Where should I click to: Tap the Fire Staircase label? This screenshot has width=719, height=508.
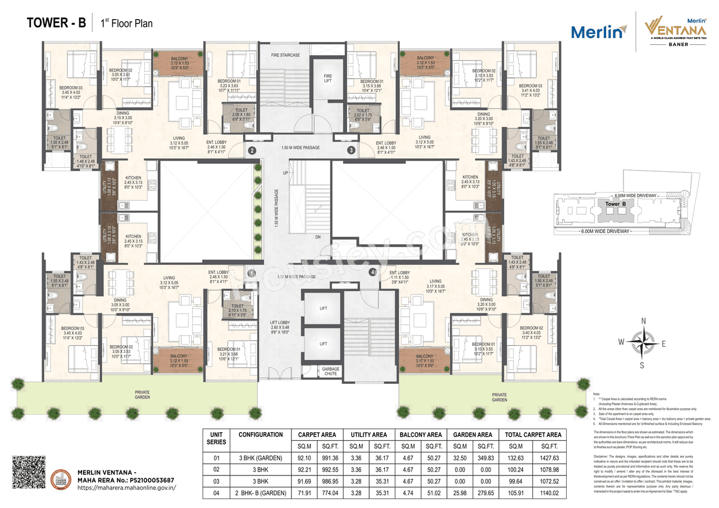(x=285, y=56)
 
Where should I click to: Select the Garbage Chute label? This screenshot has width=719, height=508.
(x=331, y=371)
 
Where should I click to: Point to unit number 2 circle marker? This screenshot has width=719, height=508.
(x=253, y=150)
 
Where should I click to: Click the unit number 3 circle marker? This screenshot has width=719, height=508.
(x=351, y=150)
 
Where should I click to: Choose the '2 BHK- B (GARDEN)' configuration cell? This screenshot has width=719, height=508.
(x=261, y=493)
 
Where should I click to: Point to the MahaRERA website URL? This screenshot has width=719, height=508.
(x=126, y=488)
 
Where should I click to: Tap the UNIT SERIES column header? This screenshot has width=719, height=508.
(x=216, y=438)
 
